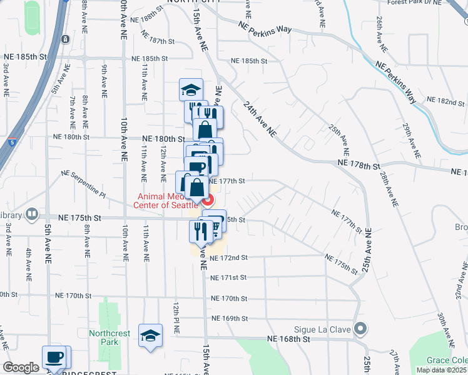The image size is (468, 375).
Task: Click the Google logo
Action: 21,367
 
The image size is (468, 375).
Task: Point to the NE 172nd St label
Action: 229,257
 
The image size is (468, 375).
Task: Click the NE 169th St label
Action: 230,318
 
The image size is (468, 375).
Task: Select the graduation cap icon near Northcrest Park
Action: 150,336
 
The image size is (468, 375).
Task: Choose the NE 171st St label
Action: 229,277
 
